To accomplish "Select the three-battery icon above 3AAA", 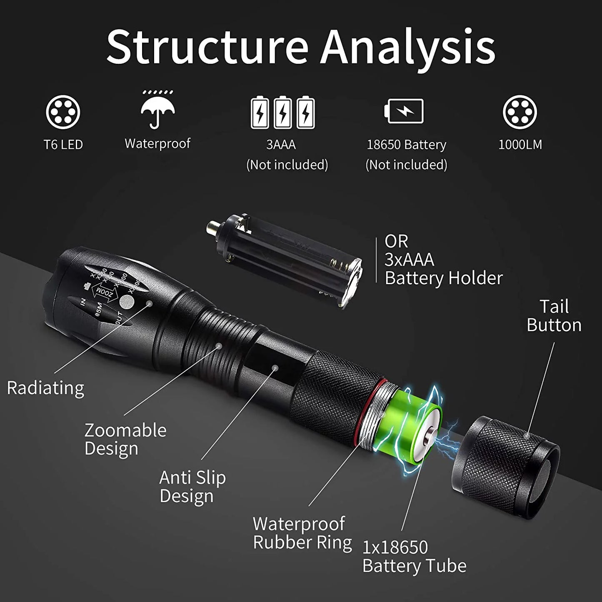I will tap(282, 112).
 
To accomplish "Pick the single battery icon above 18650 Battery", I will tap(404, 111).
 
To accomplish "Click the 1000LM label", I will tap(520, 145).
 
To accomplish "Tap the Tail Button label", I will tap(554, 316).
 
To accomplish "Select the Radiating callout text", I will tap(45, 388).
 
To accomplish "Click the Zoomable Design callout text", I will tap(125, 439).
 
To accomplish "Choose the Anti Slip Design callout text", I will tap(192, 487).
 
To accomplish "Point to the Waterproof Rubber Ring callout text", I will tap(302, 533).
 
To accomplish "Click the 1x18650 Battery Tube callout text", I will tap(414, 556).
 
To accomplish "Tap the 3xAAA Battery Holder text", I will tap(443, 260).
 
